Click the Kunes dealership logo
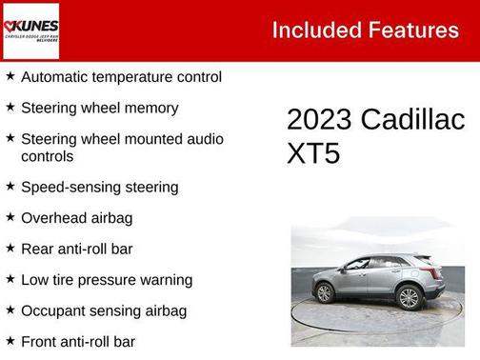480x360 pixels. pyautogui.click(x=30, y=30)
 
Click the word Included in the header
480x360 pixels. pyautogui.click(x=310, y=30)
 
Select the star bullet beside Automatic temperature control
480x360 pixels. pyautogui.click(x=10, y=76)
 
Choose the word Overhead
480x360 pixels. pyautogui.click(x=53, y=217)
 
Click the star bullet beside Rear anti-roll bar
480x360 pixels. pyautogui.click(x=10, y=248)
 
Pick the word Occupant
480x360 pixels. pyautogui.click(x=54, y=310)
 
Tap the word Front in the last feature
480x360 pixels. pyautogui.click(x=39, y=341)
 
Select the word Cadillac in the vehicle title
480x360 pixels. pyautogui.click(x=412, y=120)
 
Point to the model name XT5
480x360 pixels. pyautogui.click(x=312, y=153)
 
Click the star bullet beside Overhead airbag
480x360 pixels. pyautogui.click(x=10, y=217)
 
